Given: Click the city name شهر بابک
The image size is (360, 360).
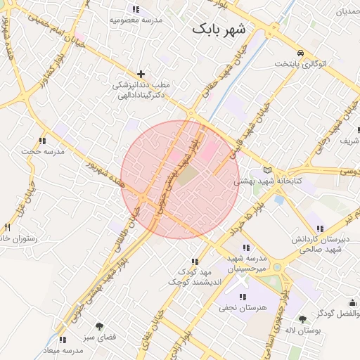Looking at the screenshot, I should pyautogui.click(x=219, y=30).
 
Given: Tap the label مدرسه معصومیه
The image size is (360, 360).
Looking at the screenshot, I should pyautogui.click(x=136, y=20).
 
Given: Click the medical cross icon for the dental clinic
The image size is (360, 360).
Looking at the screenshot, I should pyautogui.click(x=141, y=73).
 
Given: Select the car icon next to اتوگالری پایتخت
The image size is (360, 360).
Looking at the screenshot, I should pyautogui.click(x=300, y=53).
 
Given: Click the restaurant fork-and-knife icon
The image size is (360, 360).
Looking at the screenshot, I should pyautogui.click(x=8, y=227).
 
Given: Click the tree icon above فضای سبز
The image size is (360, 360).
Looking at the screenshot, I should pyautogui.click(x=98, y=326).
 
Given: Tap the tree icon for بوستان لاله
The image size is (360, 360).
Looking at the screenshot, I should pyautogui.click(x=303, y=320).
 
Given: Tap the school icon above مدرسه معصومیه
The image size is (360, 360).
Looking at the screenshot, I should pyautogui.click(x=136, y=9).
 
